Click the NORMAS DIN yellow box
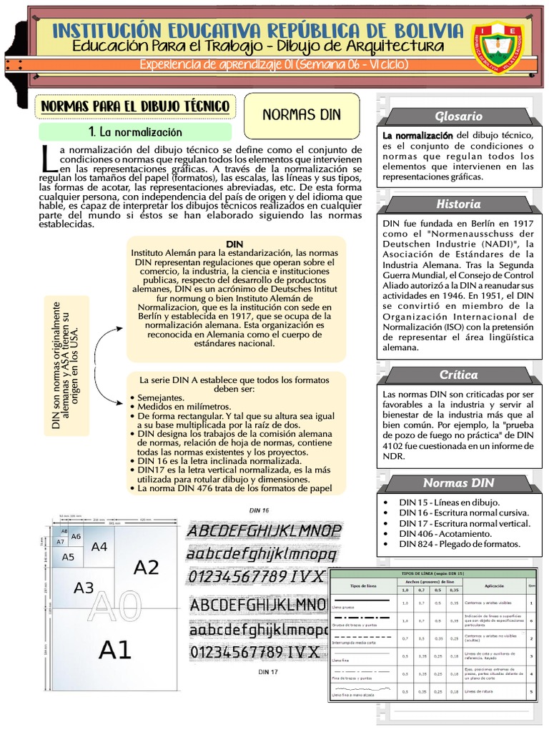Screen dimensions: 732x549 click(302, 114)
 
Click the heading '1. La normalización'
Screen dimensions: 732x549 click(135, 132)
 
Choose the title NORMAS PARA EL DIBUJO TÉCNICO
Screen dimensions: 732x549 click(136, 107)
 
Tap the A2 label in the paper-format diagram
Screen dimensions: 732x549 click(146, 568)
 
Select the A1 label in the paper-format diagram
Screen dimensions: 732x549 click(115, 650)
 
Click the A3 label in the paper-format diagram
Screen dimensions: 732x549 click(84, 588)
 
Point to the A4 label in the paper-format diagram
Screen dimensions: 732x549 click(99, 547)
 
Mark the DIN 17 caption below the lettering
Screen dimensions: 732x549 click(269, 672)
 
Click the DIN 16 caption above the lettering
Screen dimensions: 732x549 click(259, 510)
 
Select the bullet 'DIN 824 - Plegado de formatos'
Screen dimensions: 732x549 click(459, 545)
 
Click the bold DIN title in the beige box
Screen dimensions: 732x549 click(234, 244)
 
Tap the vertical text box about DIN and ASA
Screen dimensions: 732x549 click(66, 365)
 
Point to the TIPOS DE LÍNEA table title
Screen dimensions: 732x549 click(434, 573)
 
